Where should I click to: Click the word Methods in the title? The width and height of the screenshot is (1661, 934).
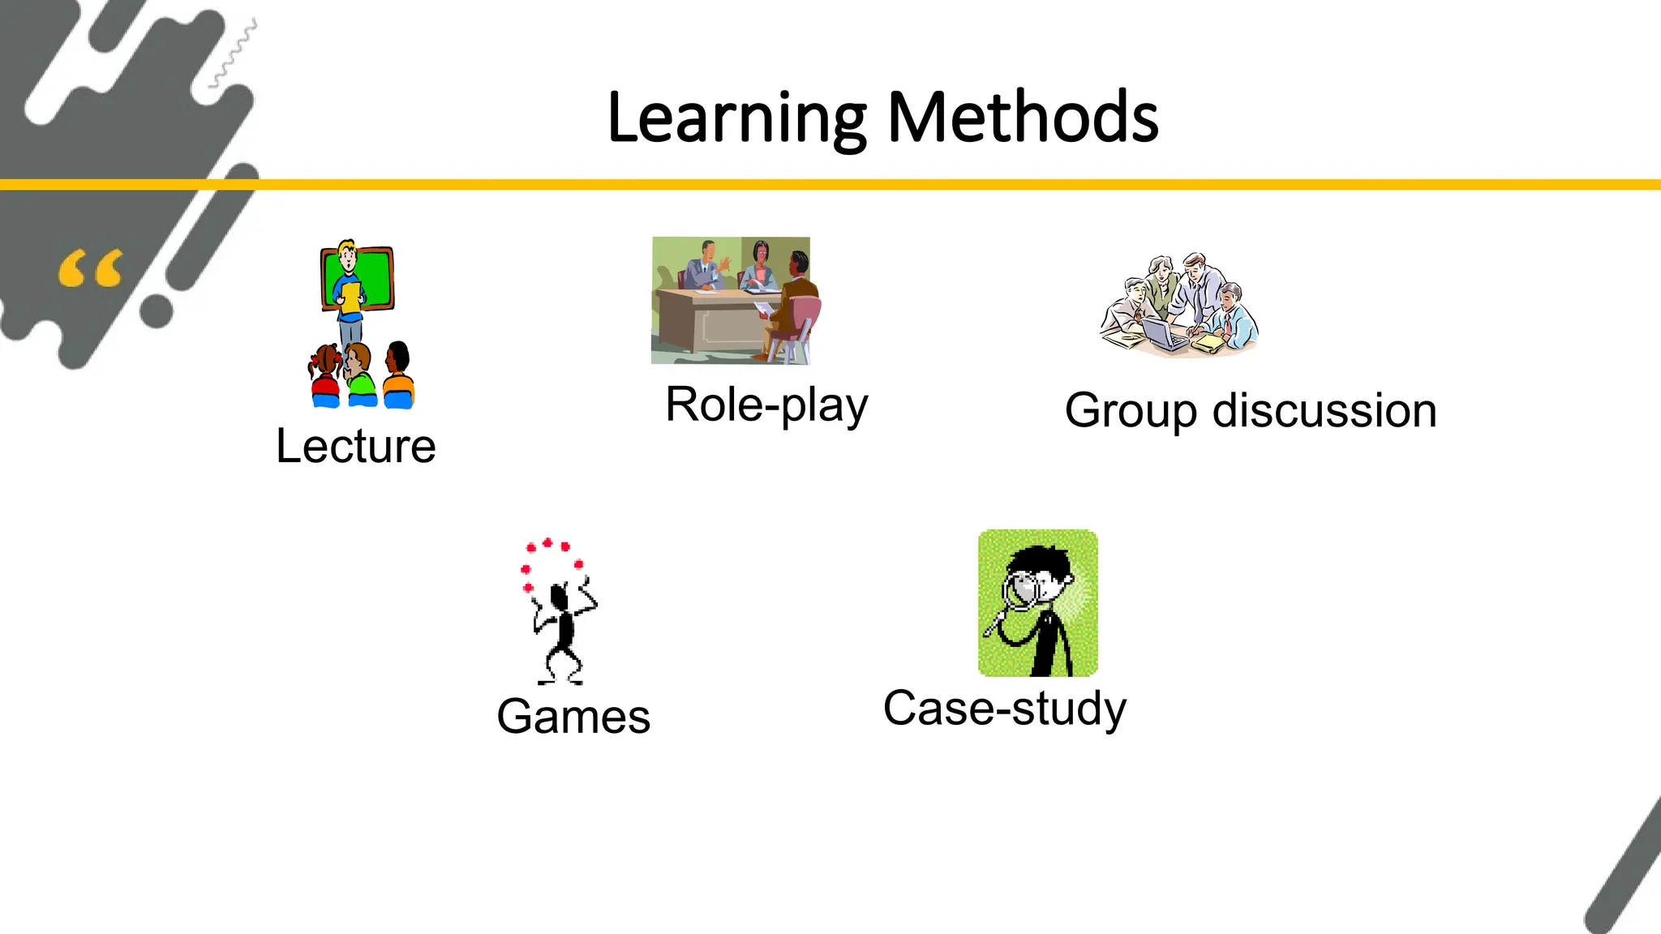[1023, 118]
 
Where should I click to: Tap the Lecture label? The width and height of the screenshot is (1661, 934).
[356, 446]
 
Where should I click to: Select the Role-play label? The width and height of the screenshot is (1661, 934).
[766, 405]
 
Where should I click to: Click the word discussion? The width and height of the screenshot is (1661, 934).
[1324, 410]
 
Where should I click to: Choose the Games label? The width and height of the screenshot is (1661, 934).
[573, 717]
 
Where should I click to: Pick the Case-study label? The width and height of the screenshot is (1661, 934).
[1004, 709]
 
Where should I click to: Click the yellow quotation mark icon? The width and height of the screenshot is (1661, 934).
[91, 269]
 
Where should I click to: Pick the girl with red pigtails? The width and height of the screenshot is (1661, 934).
[326, 375]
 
